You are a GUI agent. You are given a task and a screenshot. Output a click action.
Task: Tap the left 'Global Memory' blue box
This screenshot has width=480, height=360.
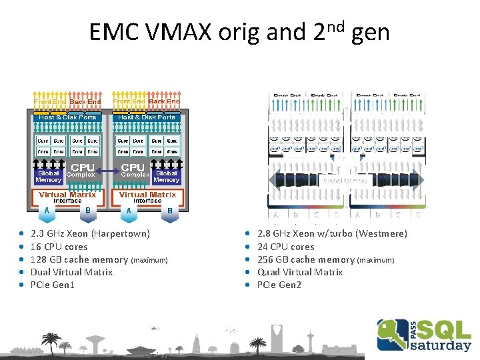48,176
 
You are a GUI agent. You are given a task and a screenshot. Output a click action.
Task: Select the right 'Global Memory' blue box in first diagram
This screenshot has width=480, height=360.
166,176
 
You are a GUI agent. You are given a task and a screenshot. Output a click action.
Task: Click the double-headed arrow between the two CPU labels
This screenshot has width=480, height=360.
107,171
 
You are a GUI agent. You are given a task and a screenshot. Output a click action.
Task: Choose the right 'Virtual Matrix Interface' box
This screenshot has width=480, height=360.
147,197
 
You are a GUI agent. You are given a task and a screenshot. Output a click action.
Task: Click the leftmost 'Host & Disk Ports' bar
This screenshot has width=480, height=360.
67,117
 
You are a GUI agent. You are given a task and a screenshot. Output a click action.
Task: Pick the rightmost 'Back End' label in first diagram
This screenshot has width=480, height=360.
164,101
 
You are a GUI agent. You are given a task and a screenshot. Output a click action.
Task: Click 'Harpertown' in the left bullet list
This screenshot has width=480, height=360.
121,234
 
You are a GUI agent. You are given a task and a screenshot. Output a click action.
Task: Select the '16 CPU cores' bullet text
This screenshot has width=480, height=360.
59,247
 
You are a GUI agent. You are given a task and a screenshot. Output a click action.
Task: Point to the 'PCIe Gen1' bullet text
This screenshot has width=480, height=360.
53,285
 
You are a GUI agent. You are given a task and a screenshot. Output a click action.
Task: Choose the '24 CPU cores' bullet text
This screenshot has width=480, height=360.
285,247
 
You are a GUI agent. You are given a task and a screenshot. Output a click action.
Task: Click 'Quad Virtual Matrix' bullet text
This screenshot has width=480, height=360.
300,272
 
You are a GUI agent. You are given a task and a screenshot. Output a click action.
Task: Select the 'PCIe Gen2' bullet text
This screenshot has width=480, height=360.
279,285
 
